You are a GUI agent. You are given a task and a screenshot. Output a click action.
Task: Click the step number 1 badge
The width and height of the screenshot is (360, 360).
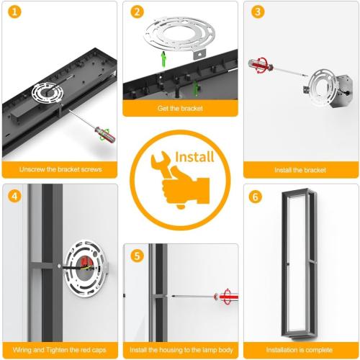point(14,12)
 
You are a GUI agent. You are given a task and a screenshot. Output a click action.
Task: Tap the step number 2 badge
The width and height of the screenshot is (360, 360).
point(138,12)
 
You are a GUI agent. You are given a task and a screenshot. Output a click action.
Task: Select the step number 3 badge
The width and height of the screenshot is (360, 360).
point(258,12)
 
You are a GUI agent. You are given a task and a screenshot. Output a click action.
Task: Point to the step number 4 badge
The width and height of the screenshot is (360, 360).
point(14,196)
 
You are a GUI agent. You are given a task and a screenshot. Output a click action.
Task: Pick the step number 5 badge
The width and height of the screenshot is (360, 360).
point(138,256)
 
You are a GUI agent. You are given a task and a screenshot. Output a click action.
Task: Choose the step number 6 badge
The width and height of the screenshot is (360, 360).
point(256,197)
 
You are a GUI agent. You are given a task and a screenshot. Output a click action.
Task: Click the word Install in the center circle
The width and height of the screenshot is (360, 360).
point(194,157)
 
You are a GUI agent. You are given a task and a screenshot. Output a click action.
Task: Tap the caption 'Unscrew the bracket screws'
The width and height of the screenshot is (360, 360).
point(60,169)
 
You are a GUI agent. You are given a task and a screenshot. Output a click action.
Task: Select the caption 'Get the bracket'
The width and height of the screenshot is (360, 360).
point(180,108)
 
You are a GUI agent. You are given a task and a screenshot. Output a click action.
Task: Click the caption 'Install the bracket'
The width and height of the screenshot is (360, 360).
point(300,170)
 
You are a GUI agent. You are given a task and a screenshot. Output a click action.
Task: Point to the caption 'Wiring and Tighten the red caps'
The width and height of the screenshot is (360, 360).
point(60,350)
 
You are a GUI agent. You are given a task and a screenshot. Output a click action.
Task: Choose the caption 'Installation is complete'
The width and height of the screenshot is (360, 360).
point(300,350)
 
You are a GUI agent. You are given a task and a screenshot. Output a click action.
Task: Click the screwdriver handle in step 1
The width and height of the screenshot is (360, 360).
point(105,135)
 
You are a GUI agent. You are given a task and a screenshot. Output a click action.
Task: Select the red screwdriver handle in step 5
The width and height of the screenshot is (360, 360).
point(227,297)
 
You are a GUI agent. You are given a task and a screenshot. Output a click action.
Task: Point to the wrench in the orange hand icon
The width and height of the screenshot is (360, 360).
point(163,166)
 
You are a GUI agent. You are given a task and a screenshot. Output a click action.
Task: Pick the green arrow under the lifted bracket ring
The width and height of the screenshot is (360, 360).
point(163,60)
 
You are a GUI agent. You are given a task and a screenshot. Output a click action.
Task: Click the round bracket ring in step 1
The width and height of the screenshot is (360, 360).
point(48,93)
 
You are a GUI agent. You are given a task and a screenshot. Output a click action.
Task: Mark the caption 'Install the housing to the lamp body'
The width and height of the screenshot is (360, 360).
point(181,350)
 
